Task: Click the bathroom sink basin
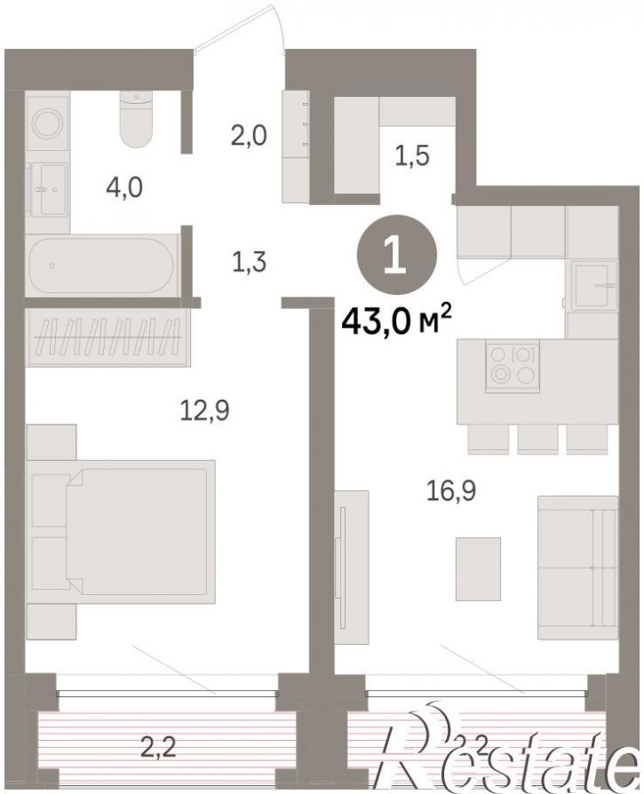(49, 189)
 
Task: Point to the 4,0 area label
(124, 188)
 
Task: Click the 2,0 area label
(249, 136)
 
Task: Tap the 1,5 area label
(413, 155)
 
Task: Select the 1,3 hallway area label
(249, 263)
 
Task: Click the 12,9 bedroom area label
(204, 410)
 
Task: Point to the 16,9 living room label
(451, 490)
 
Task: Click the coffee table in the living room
(478, 568)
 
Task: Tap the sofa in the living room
(577, 568)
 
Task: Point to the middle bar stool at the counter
(537, 439)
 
